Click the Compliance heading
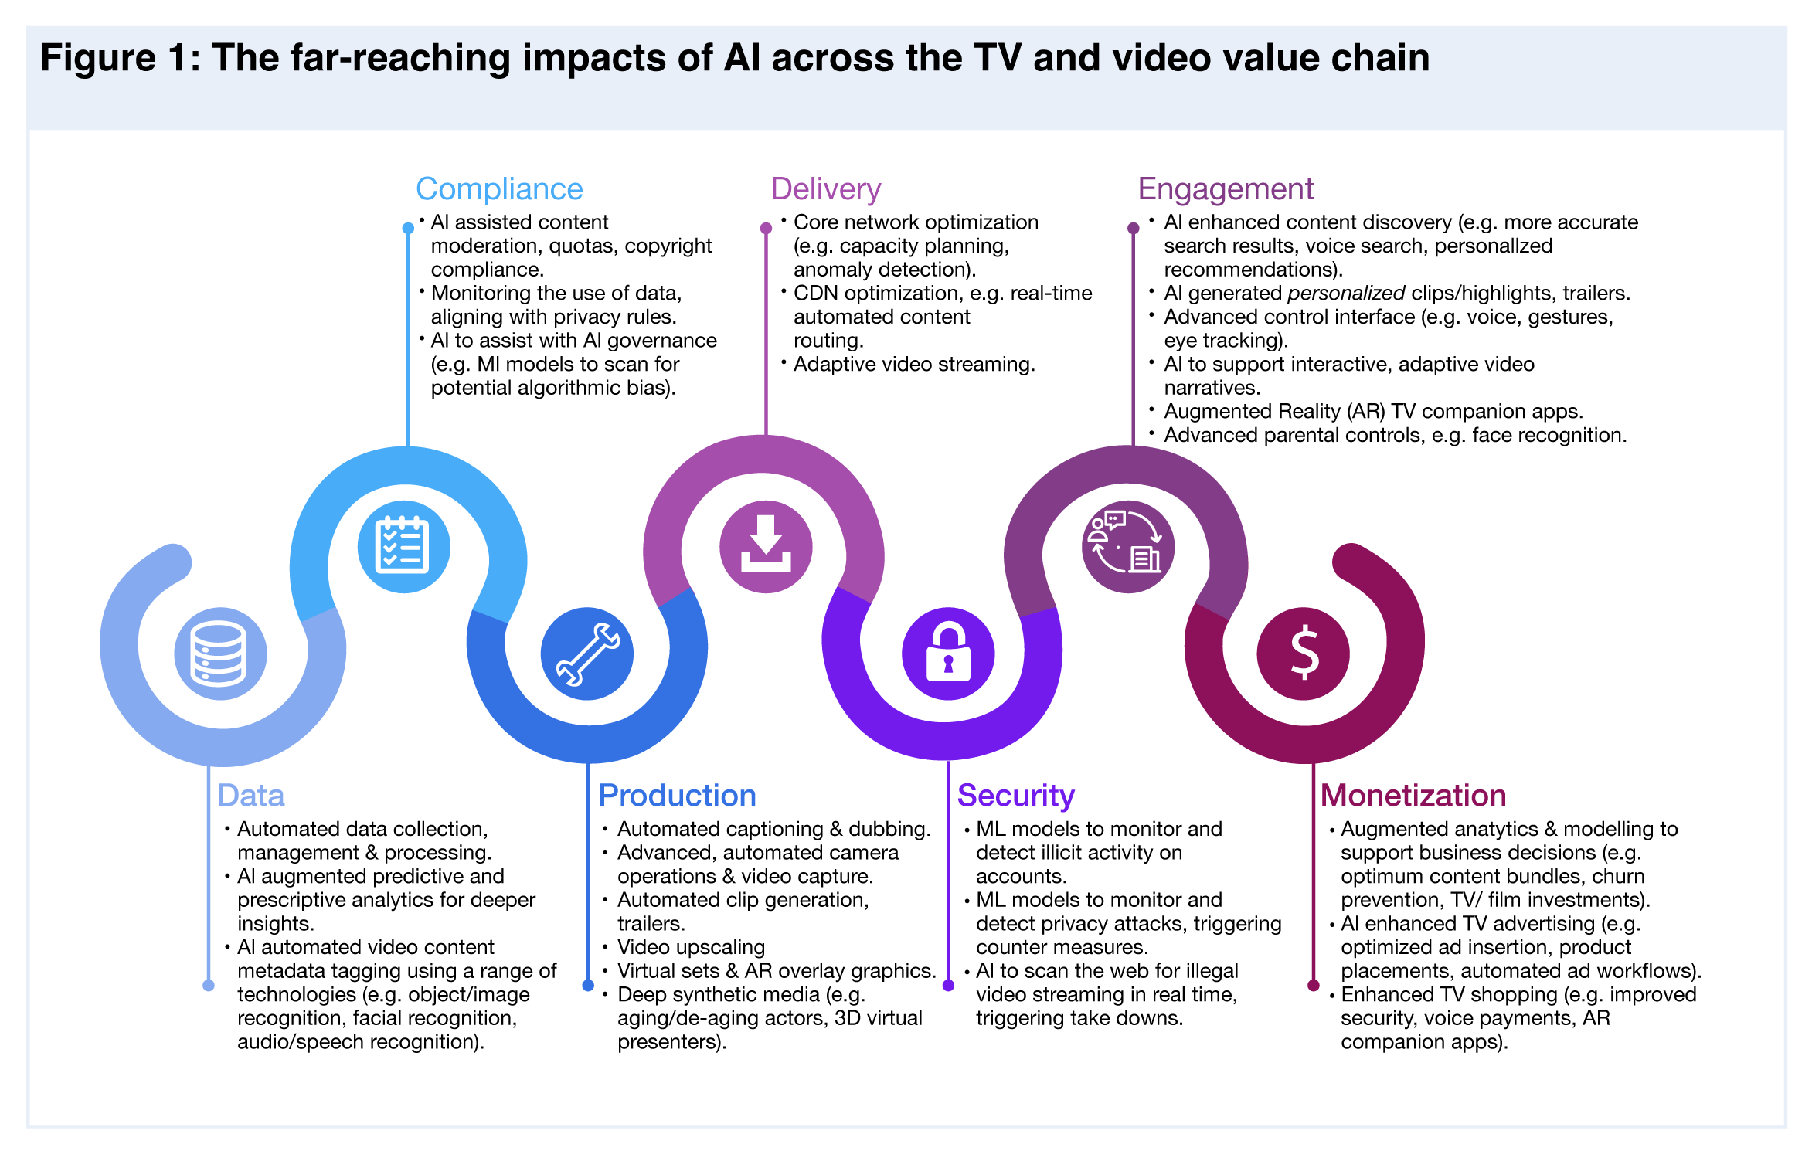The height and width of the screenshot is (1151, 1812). [499, 189]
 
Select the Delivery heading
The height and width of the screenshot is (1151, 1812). [825, 189]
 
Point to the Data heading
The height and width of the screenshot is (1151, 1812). [251, 796]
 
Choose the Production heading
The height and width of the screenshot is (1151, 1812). [677, 796]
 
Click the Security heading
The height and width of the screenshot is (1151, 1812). [1015, 796]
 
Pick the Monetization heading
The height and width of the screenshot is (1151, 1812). [1413, 796]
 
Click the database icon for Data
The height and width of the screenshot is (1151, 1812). [220, 654]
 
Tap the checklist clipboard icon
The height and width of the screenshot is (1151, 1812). [403, 547]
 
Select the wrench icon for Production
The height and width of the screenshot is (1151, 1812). [587, 654]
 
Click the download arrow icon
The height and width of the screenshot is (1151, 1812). [766, 547]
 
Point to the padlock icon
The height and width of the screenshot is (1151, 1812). [948, 654]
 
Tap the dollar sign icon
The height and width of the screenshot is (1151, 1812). [1304, 654]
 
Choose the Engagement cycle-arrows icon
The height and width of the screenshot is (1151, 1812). [1128, 547]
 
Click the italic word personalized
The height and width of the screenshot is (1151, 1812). [1346, 294]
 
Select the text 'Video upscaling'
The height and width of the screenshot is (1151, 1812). [691, 947]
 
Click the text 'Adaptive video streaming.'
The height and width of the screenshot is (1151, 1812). [914, 365]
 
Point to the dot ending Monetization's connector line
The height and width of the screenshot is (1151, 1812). [1313, 985]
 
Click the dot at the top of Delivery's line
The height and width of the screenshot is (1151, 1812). [766, 229]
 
